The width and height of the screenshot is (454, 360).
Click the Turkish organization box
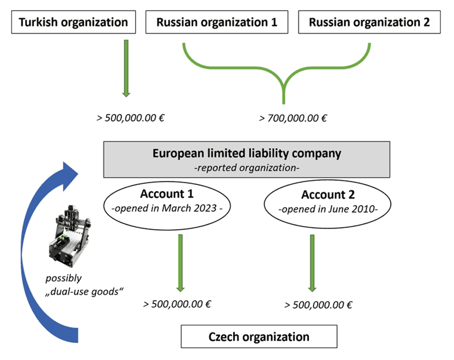73,22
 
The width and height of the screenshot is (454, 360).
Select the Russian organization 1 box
217,22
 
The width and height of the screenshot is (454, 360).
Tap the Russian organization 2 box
369,22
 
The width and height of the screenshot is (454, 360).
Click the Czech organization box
259,337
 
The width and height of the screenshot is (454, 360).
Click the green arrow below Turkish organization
126,68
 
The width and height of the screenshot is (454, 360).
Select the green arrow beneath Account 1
180,263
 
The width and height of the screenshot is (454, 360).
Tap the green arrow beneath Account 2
312,263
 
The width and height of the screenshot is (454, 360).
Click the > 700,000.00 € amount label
293,118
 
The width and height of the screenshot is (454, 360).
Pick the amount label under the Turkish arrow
130,118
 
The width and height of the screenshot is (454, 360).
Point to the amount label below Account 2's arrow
318,305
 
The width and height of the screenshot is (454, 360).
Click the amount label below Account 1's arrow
177,304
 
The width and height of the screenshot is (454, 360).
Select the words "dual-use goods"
84,291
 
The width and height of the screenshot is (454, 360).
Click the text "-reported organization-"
247,168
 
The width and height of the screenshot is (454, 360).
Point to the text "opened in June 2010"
328,209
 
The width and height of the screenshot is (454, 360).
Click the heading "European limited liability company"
247,153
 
